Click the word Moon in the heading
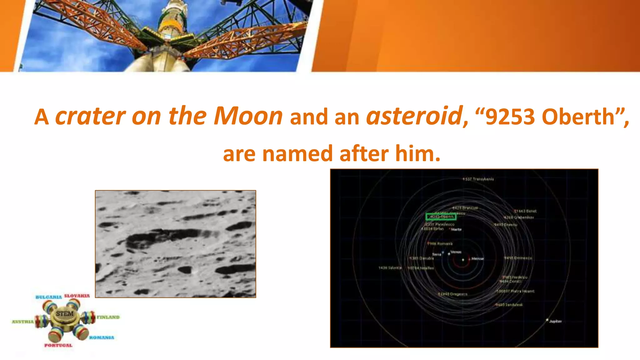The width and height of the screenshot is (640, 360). point(248,116)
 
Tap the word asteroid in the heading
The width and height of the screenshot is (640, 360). point(414,116)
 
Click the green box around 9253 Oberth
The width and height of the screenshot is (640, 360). point(441,217)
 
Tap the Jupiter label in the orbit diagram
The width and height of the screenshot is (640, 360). point(555,321)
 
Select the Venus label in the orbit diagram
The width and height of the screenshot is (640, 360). point(456,252)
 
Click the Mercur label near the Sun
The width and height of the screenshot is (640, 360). point(477,259)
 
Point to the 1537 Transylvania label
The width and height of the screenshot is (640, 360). point(478,179)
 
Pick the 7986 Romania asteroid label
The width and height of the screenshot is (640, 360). point(440,244)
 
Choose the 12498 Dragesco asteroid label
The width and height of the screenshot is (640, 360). point(453,294)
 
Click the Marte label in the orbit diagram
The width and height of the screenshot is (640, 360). point(456,229)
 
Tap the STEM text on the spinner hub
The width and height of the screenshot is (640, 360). point(65,313)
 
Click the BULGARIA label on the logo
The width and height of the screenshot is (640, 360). point(49,297)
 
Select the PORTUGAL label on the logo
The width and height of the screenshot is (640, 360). point(58,345)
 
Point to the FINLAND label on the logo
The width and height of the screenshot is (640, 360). point(108,317)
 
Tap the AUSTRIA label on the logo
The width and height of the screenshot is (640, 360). point(23,322)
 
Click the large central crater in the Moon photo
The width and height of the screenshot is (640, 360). point(166,238)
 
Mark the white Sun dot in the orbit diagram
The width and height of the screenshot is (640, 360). point(463,259)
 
